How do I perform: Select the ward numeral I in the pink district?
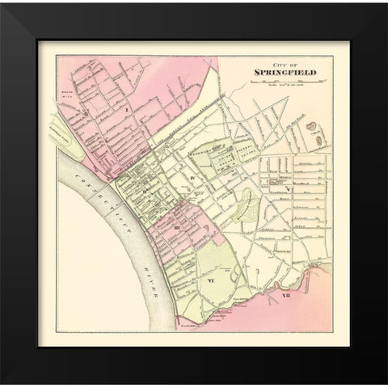coord(127,107)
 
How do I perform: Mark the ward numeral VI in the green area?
coord(210,280)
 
